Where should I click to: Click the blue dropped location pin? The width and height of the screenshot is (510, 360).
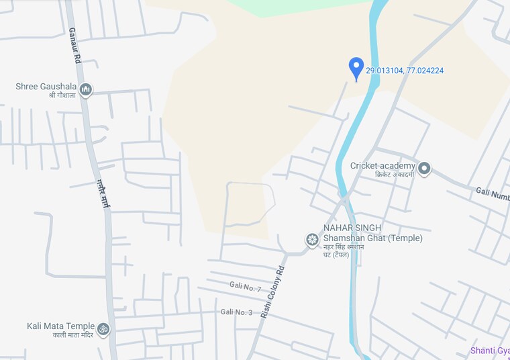[356, 68]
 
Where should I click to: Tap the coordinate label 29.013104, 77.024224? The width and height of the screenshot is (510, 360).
[405, 71]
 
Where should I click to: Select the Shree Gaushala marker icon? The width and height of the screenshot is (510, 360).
[85, 89]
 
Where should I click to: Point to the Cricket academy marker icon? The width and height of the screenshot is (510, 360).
[424, 168]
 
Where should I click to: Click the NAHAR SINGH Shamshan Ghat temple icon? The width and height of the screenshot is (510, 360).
[312, 239]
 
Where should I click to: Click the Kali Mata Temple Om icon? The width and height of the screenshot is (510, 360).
[103, 329]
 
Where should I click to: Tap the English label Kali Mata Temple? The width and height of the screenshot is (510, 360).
[60, 326]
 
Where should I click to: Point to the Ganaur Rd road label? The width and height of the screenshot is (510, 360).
[74, 46]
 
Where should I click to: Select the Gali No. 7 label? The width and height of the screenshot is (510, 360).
[245, 287]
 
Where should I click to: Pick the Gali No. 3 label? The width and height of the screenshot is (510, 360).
[236, 312]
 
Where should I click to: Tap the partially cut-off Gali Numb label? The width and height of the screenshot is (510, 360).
[493, 193]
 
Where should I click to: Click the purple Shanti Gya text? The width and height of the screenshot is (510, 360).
[490, 351]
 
